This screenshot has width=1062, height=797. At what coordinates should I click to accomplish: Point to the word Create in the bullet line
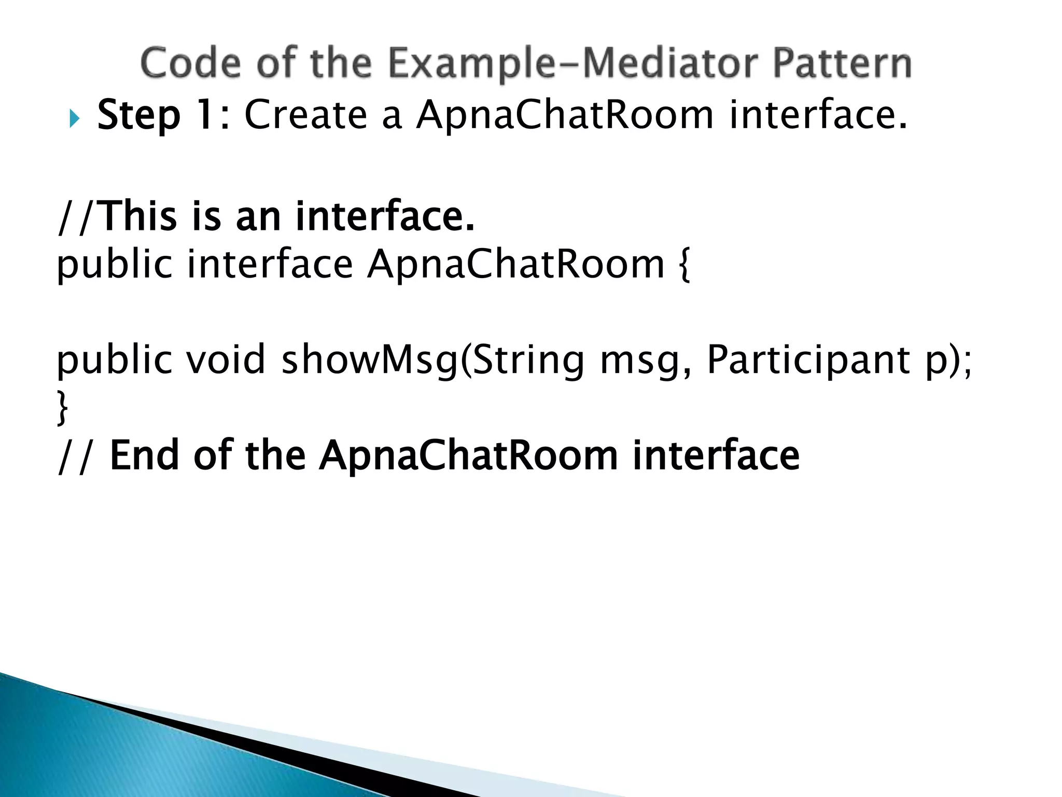pos(305,114)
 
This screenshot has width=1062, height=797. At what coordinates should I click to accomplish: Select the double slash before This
pos(76,217)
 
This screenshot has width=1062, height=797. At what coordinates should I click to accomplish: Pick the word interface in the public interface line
pos(270,264)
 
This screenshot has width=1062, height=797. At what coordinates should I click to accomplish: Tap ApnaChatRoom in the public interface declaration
pos(515,265)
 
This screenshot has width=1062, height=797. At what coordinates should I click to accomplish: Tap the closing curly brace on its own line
pos(62,408)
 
